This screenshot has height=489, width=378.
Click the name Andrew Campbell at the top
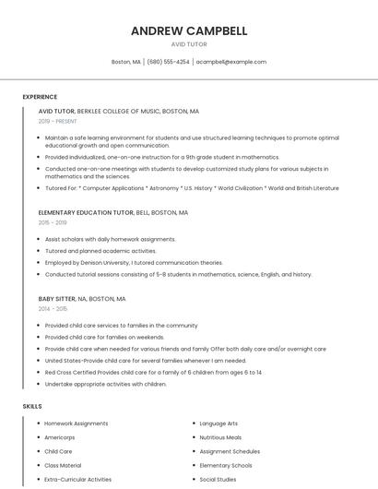[x=189, y=30]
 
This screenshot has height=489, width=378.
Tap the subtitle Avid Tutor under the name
[x=189, y=44]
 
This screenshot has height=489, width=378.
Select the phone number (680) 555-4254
[x=168, y=62]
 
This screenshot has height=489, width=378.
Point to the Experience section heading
[x=40, y=97]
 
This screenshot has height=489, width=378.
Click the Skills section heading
[x=32, y=406]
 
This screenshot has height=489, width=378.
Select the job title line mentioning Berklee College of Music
[x=118, y=111]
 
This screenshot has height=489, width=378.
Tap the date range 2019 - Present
[x=57, y=121]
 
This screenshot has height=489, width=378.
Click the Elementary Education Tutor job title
[x=113, y=212]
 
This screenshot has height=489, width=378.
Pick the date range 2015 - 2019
[x=53, y=222]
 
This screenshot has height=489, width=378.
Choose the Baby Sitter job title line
[x=82, y=299]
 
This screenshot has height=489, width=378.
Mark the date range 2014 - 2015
[x=53, y=309]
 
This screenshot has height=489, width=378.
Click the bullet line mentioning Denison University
[x=134, y=262]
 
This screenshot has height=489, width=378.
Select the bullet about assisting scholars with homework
[x=110, y=239]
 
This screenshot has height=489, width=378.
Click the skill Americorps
[x=60, y=437]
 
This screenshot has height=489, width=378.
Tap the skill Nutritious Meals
[x=220, y=437]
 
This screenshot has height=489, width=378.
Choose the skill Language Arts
[x=219, y=423]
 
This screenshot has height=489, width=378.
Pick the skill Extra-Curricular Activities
[x=77, y=479]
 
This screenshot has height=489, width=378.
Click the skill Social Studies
[x=218, y=479]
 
